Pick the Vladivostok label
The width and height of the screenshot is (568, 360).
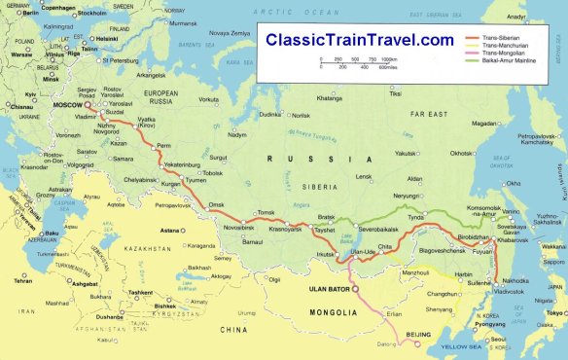click(514, 292)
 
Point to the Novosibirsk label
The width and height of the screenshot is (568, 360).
click(239, 228)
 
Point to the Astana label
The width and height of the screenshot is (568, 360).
click(170, 231)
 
